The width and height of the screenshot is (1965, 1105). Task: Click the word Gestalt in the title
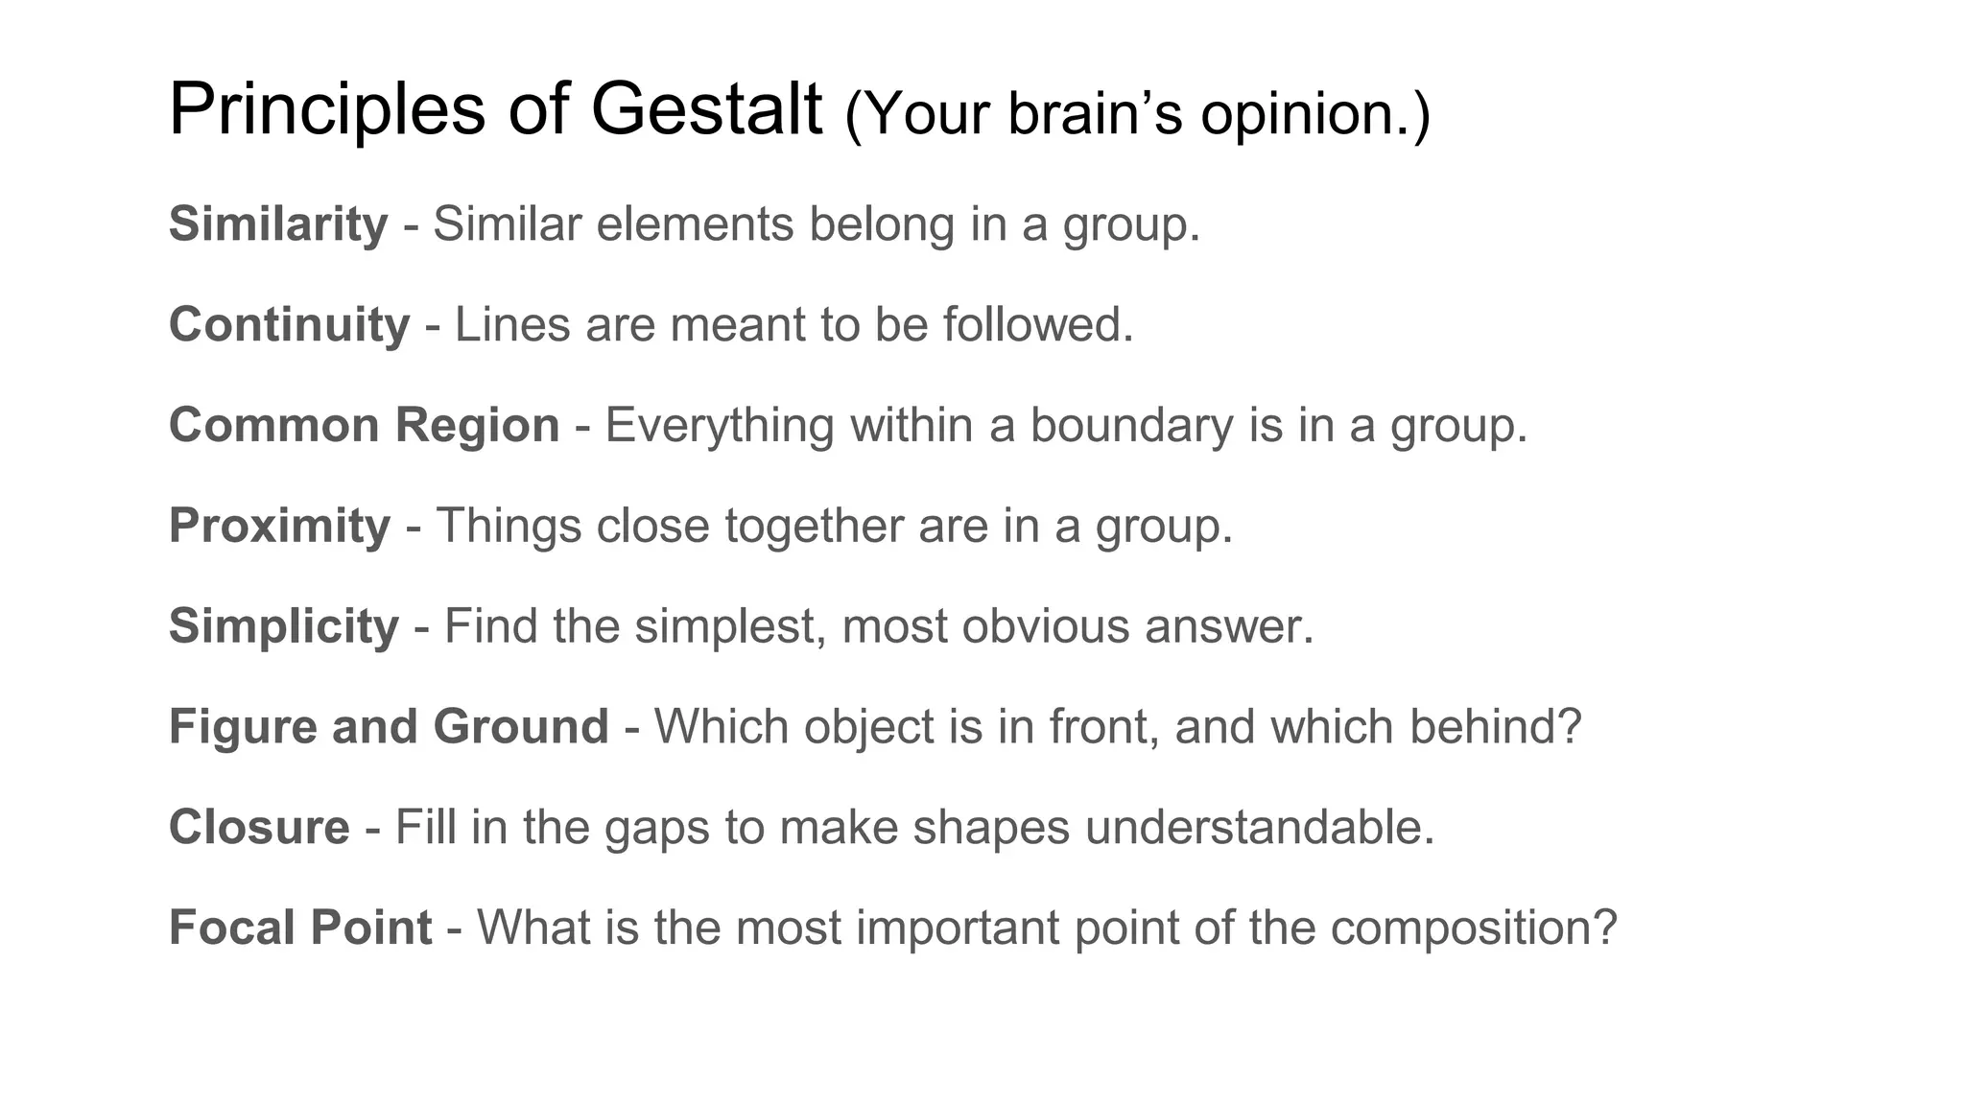(x=706, y=109)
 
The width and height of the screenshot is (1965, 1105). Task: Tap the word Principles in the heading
(x=327, y=109)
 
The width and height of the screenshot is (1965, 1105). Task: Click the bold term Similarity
(x=278, y=224)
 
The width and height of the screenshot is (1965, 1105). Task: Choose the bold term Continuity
(x=289, y=324)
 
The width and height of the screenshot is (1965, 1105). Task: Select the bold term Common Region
(x=364, y=425)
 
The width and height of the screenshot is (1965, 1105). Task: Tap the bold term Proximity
(x=279, y=526)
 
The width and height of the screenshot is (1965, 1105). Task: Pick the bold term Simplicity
(x=283, y=626)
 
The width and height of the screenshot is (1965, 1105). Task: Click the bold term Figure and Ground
(x=389, y=726)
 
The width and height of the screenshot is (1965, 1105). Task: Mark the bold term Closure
(x=259, y=827)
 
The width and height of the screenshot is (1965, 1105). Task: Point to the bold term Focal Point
(x=300, y=928)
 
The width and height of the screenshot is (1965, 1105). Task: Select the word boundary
(x=1131, y=425)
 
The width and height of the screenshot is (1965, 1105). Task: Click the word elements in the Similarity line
(x=695, y=224)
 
